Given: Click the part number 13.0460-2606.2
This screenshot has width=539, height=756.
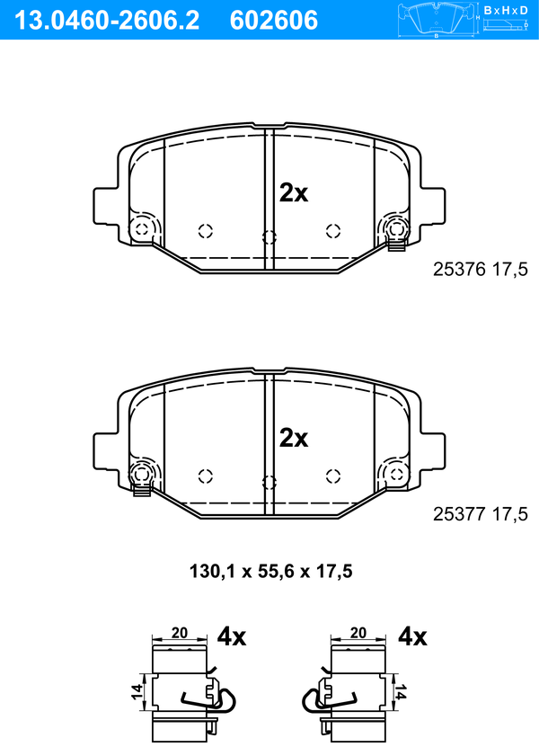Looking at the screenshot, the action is (107, 21).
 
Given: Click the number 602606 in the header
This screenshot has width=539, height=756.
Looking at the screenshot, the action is (274, 21).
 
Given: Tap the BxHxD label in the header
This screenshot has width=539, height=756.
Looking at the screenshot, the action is (506, 10).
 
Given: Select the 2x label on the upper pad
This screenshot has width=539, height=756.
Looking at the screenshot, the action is (294, 193).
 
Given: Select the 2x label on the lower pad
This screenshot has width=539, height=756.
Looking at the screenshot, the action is (294, 439).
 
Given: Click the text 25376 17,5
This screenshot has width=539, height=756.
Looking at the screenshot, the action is (481, 270).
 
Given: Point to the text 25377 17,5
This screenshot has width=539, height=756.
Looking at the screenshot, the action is (481, 514).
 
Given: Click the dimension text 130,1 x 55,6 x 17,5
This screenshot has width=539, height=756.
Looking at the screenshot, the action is (271, 572).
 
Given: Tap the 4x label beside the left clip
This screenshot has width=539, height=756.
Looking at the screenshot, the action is (232, 637).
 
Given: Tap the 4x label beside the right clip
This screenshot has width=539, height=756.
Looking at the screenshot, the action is (412, 637).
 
